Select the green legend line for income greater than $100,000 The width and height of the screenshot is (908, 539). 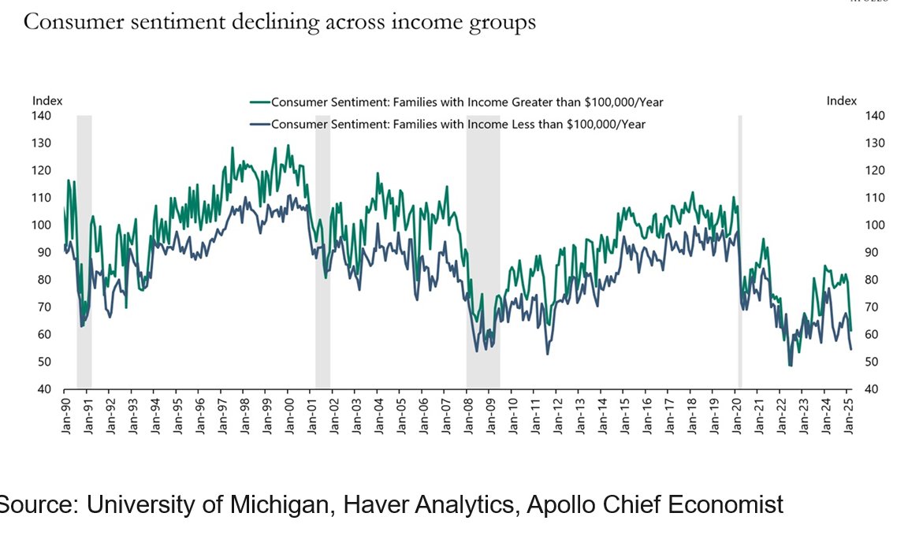click(259, 102)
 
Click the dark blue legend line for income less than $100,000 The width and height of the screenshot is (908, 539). click(259, 124)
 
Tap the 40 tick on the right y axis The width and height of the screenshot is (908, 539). click(875, 389)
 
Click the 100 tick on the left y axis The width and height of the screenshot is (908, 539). click(41, 225)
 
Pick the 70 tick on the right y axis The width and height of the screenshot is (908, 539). click(875, 307)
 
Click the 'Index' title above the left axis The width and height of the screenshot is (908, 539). click(47, 101)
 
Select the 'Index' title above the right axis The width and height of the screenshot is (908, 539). click(841, 101)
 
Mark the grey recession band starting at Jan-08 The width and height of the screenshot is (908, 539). click(482, 252)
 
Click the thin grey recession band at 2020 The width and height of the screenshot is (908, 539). click(739, 252)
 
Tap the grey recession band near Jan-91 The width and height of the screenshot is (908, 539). click(84, 252)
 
